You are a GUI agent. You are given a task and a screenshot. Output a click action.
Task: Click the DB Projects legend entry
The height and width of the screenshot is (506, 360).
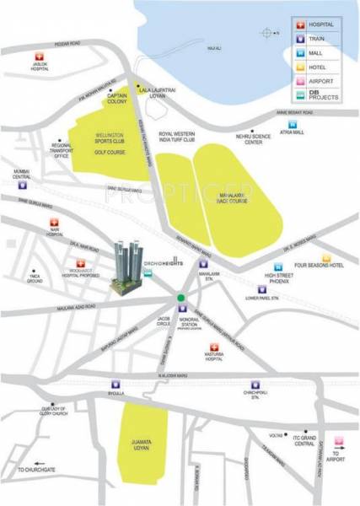pyautogui.click(x=317, y=99)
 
